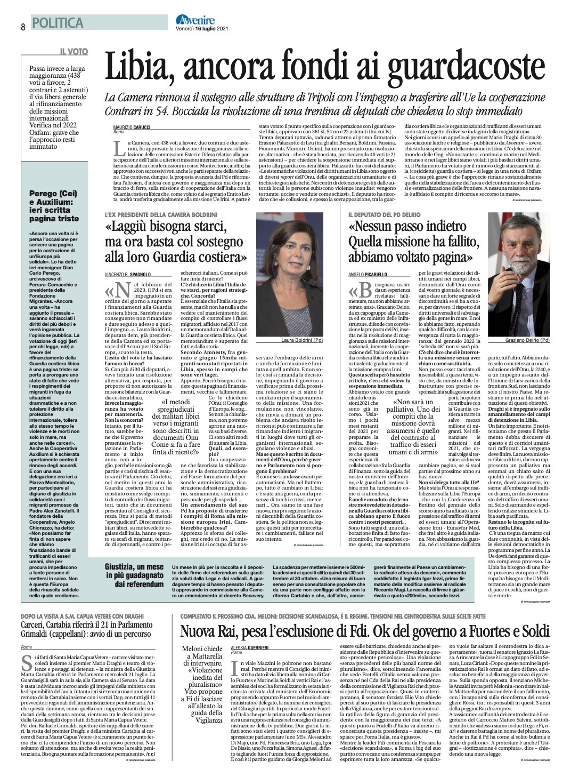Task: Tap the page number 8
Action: tap(23, 27)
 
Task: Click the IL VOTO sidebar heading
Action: tap(74, 52)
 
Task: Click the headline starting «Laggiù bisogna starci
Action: tap(176, 242)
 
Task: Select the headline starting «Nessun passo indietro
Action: tap(411, 242)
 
